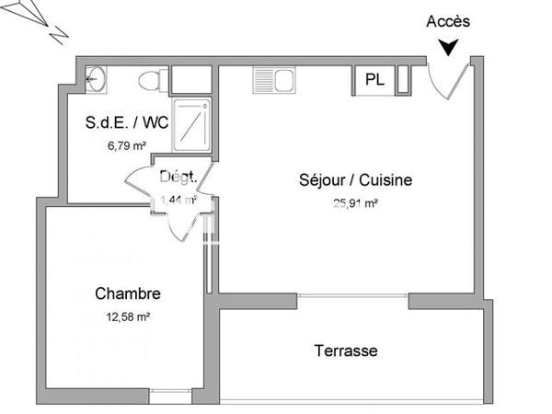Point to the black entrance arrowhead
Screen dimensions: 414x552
click(x=448, y=47)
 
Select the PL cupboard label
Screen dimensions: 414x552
click(x=374, y=80)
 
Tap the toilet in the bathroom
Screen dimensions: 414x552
click(x=151, y=80)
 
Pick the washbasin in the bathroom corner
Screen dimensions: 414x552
click(x=95, y=80)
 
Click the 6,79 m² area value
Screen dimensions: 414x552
click(x=128, y=144)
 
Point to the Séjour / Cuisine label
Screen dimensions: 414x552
click(x=356, y=180)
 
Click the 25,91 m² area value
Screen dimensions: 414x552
click(x=356, y=204)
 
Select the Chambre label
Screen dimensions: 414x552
click(x=128, y=294)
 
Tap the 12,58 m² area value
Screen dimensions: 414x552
click(x=128, y=316)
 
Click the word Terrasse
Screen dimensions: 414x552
click(x=345, y=351)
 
